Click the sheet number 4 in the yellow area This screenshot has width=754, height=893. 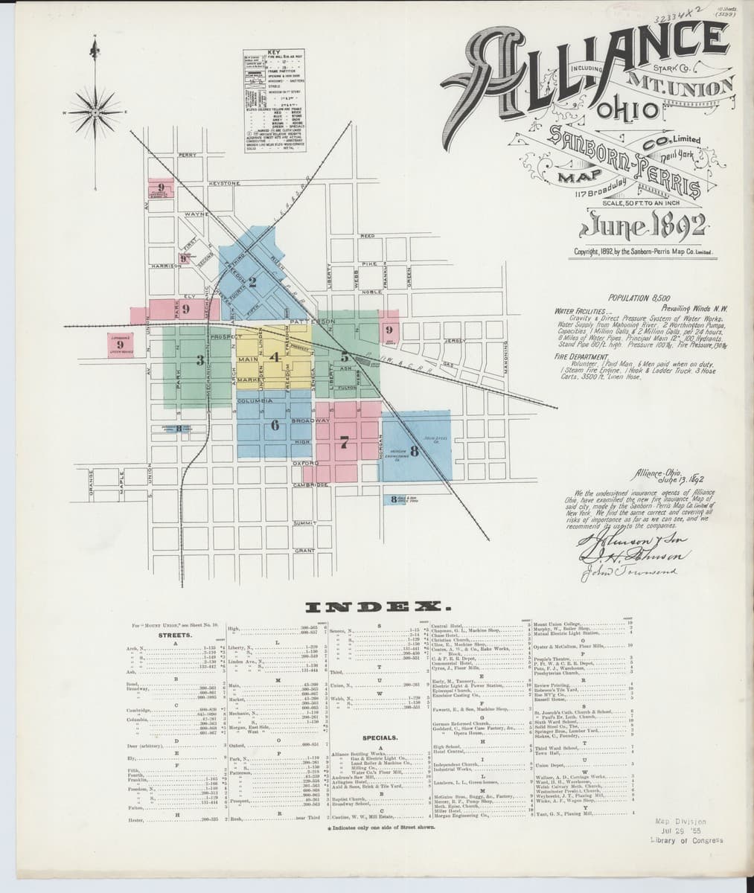(275, 356)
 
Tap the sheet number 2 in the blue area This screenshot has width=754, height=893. (253, 282)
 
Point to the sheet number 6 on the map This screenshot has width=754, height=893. (275, 425)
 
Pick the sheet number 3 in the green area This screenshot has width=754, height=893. (199, 361)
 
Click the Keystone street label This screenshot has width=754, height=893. (224, 182)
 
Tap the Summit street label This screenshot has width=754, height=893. (304, 524)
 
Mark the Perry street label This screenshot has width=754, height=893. (187, 155)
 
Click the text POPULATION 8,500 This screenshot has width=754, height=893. (638, 296)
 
